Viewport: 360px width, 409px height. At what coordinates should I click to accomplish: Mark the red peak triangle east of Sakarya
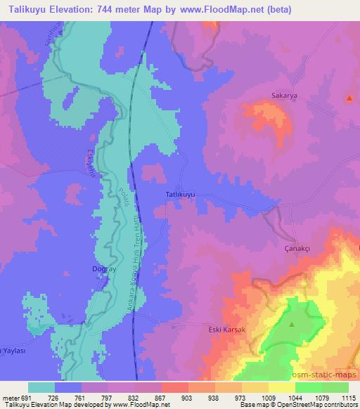[x=349, y=98]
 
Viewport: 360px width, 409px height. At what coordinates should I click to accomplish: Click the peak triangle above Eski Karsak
[x=292, y=324]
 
